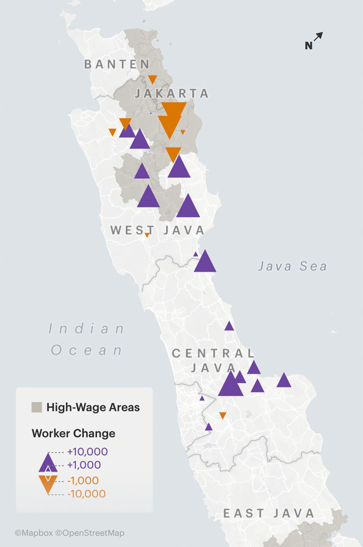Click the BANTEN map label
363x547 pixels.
(117, 64)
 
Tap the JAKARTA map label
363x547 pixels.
(172, 93)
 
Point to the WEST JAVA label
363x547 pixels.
(157, 230)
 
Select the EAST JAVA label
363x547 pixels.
(268, 513)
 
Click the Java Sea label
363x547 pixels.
(292, 266)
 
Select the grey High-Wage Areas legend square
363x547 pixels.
(37, 407)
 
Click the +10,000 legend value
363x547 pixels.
(87, 452)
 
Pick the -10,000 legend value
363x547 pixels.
(86, 494)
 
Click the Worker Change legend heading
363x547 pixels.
(73, 433)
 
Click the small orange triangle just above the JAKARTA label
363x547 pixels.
(152, 79)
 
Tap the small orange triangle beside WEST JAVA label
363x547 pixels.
(147, 235)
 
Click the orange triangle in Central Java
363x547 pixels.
(223, 415)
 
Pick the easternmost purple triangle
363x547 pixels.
(284, 380)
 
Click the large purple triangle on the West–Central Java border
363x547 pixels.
(205, 262)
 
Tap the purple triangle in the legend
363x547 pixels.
(48, 463)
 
